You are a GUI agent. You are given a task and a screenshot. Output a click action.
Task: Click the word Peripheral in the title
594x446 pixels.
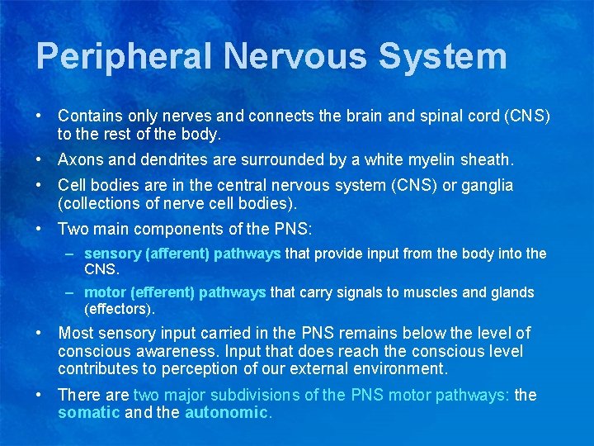click(x=124, y=57)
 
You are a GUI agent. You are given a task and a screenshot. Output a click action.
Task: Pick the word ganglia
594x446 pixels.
click(x=485, y=186)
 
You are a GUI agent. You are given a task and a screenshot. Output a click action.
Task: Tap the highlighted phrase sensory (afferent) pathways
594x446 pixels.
click(x=182, y=254)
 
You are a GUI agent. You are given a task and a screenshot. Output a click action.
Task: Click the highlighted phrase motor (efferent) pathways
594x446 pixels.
click(x=175, y=292)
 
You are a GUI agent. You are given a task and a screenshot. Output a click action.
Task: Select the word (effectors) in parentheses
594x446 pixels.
click(x=119, y=309)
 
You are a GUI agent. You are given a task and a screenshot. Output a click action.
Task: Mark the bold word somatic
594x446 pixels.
click(x=88, y=412)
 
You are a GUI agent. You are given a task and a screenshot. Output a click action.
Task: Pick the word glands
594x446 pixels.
click(x=513, y=292)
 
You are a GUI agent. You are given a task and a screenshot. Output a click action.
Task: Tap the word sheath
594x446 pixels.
click(x=487, y=159)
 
